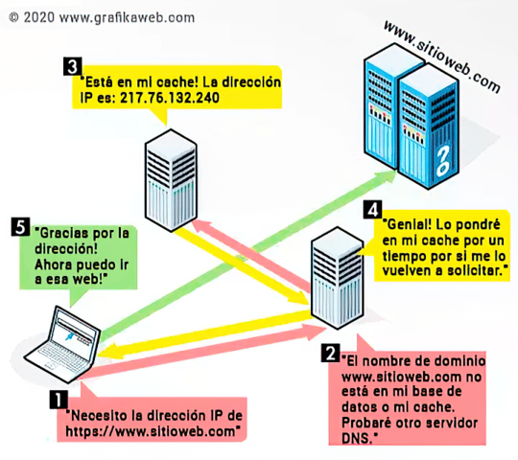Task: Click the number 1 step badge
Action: tap(59, 395)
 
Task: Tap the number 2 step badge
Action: tap(330, 354)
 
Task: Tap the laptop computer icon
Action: tap(59, 343)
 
